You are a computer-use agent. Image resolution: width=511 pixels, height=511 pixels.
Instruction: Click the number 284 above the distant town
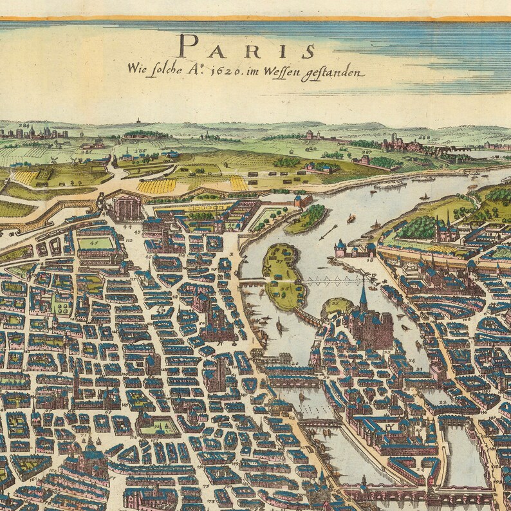point(9,125)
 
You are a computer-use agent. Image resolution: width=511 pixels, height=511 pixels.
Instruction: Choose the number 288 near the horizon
point(423,137)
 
